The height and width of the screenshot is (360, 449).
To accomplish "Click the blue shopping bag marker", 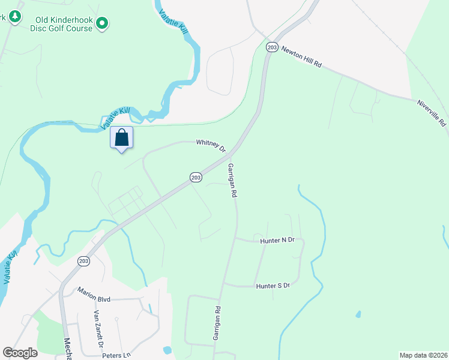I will (x=121, y=138).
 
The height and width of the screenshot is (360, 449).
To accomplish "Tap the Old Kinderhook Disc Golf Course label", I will (x=64, y=23).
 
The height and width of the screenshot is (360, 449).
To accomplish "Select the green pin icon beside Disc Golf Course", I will (x=102, y=23).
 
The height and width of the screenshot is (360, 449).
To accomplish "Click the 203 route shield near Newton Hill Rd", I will (x=272, y=47).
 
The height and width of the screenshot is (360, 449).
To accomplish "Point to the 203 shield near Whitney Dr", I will (x=195, y=177).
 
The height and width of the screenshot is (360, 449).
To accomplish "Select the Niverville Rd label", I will (x=432, y=112).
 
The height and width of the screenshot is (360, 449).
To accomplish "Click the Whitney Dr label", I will (x=210, y=145).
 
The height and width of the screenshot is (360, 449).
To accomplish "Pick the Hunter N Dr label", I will (x=277, y=240).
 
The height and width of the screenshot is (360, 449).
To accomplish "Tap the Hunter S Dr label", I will (x=273, y=286).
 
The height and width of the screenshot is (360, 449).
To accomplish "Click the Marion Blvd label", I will (x=95, y=292).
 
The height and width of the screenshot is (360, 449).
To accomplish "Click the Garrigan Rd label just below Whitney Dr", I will (x=233, y=180).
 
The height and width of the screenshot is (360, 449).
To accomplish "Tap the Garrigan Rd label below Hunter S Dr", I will (x=217, y=324).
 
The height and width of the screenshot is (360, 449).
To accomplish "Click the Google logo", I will (x=20, y=353).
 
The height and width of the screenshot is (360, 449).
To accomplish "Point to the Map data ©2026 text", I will (x=423, y=355).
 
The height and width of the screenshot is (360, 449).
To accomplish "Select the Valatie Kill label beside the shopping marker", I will (x=115, y=118).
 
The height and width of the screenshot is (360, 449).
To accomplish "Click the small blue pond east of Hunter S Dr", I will (x=358, y=314).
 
